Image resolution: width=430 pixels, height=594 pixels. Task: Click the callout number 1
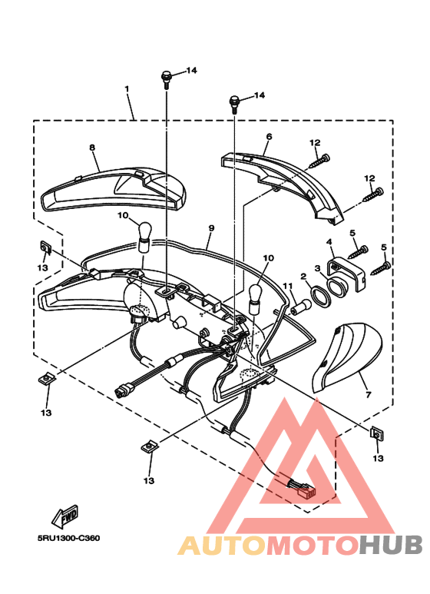click(127, 89)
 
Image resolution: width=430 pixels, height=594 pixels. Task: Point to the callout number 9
click(210, 228)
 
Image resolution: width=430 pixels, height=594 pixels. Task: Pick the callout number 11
click(288, 287)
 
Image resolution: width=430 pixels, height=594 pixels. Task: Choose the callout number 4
click(329, 242)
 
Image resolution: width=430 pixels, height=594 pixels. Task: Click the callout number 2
click(303, 276)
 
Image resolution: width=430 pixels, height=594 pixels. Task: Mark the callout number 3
click(317, 269)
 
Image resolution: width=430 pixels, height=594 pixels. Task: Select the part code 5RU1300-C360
click(68, 538)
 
